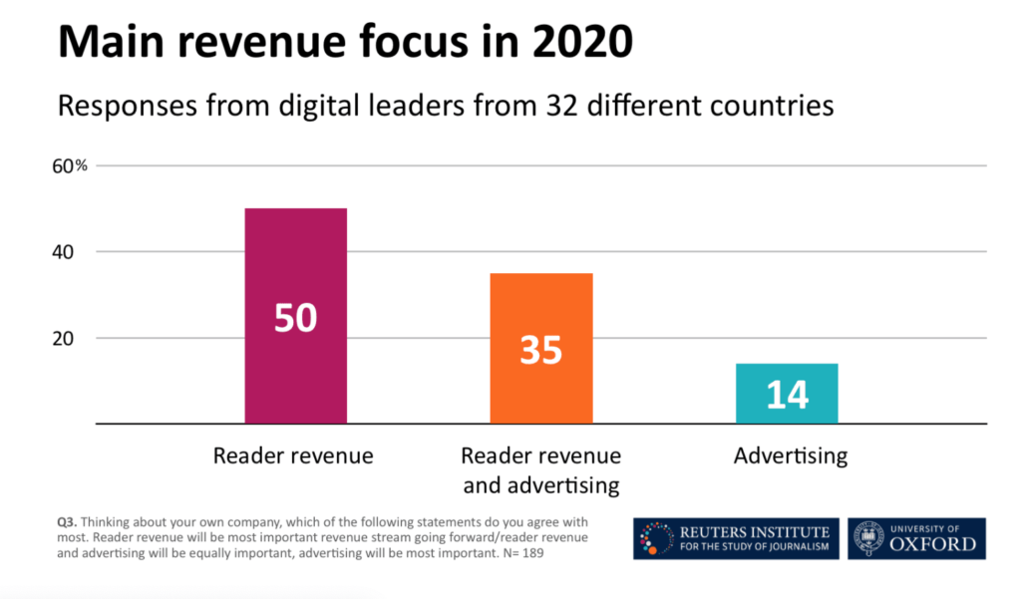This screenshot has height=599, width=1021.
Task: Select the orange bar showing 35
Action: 541,299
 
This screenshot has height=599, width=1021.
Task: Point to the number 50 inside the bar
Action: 295,317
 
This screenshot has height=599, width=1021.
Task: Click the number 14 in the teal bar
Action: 787,395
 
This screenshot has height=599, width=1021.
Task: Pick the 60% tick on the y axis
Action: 70,166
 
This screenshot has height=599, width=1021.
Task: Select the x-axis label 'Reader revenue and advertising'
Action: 540,470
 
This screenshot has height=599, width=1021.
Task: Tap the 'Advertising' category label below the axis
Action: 790,456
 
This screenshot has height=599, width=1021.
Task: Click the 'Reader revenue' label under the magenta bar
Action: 293,456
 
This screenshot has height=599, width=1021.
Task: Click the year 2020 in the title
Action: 580,42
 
